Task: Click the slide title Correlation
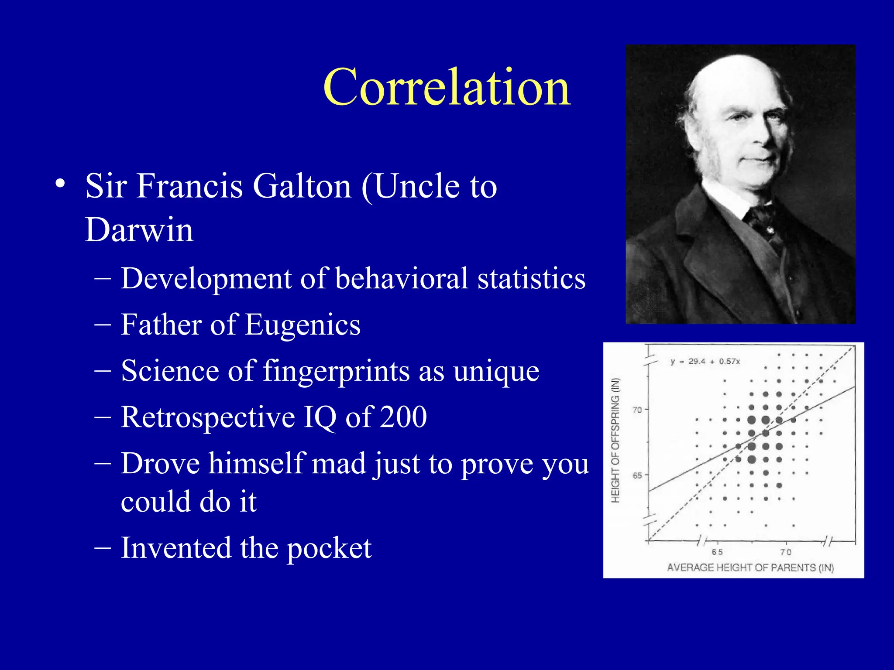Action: coord(447,87)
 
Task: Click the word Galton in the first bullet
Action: coord(302,186)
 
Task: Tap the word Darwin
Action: coord(139,230)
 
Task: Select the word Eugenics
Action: coord(303,325)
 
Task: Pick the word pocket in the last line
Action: coord(329,548)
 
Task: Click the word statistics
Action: coord(531,278)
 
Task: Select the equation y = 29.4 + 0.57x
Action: coord(705,361)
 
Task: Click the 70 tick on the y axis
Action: coord(637,410)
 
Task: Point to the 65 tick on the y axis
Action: coord(637,475)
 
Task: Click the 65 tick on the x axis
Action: coord(717,552)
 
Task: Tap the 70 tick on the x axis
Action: coord(786,552)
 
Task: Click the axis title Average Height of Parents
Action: coord(750,567)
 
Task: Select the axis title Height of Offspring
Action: coord(615,441)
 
